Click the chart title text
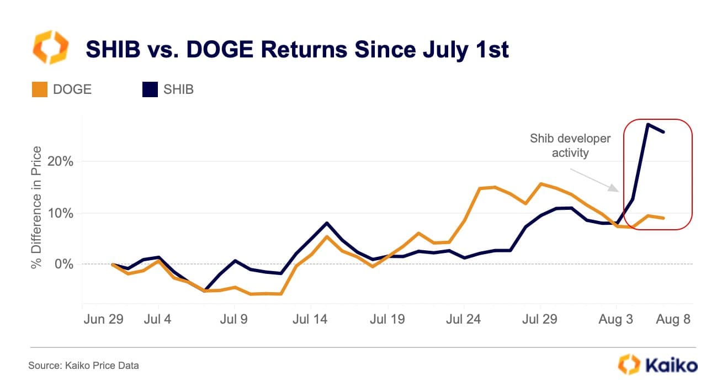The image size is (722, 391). tap(296, 50)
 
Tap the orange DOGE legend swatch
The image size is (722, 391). tap(39, 89)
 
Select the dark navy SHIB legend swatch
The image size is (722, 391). tap(150, 89)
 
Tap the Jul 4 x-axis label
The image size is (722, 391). tap(158, 319)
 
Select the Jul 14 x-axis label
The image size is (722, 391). tap(311, 319)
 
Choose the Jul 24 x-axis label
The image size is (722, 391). tap(464, 319)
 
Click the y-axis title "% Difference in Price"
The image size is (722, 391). tap(37, 207)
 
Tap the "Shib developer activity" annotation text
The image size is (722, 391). tap(570, 145)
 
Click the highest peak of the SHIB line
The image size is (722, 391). tap(647, 124)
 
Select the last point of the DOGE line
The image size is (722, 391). tap(663, 218)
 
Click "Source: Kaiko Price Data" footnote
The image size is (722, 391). tap(84, 366)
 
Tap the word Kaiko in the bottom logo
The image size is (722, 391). tap(671, 365)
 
